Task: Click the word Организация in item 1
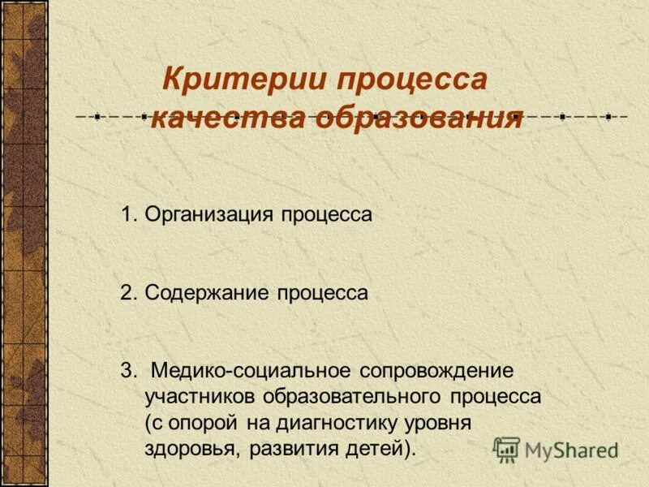pyautogui.click(x=209, y=215)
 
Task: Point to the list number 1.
pyautogui.click(x=127, y=215)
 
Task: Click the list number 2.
pyautogui.click(x=127, y=293)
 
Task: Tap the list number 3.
pyautogui.click(x=127, y=371)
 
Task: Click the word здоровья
pyautogui.click(x=191, y=449)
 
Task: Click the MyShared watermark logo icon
pyautogui.click(x=507, y=449)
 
